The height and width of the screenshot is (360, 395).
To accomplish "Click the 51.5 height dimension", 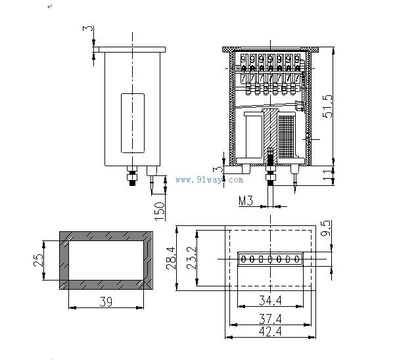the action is coord(328,106).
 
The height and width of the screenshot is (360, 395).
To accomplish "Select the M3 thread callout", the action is coord(246,200).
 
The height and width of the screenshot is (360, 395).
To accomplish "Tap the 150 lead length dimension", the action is coord(160,211).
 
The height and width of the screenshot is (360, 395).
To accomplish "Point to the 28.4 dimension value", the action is coord(171,258).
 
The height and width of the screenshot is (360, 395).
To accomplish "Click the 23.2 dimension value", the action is coord(191,258).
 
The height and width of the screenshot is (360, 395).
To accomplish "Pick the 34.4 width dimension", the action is coord(270,300).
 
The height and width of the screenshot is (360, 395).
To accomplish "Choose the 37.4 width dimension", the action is coord(270,319).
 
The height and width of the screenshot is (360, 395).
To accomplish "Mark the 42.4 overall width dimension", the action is coord(270,331).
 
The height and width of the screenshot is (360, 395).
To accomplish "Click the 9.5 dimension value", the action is coord(325,229).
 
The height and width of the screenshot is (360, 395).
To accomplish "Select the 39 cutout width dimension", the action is coord(106,302).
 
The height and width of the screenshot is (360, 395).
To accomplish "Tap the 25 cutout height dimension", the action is coord(38,260).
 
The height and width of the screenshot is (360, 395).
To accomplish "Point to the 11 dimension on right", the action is coord(328,175).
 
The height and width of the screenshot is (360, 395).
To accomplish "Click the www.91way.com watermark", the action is coord(210,180).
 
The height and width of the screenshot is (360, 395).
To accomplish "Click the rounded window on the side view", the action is coord(133,123).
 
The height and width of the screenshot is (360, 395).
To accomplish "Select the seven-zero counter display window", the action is coord(270,259).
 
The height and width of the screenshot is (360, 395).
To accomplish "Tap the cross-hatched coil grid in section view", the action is coord(287,137).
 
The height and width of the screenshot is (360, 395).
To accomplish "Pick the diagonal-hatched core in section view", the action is coord(270,136).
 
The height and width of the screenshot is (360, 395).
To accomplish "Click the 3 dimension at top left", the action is coord(87,28).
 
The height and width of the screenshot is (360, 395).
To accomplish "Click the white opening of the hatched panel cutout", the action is coord(106,260).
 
